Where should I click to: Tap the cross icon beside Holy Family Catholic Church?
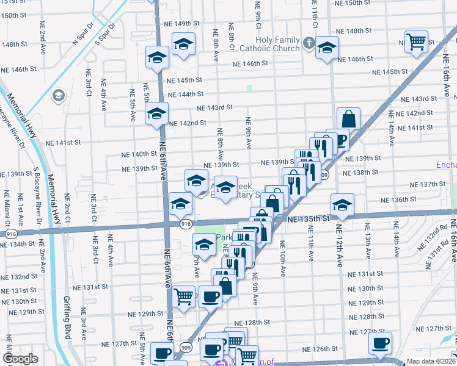click(309, 43)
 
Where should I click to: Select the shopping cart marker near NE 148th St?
click(417, 42)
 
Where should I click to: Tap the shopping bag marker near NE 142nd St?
click(348, 118)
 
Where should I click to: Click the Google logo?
click(20, 359)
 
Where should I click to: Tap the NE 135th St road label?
click(308, 218)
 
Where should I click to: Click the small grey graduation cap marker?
click(59, 95)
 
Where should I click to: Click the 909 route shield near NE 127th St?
click(185, 347)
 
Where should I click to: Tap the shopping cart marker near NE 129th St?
click(184, 297)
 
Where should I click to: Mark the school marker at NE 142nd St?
click(156, 114)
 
